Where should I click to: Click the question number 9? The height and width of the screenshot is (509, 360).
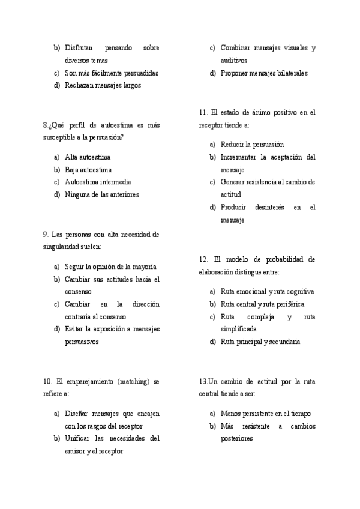tap(46, 235)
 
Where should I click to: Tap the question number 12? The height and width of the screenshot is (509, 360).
tap(203, 259)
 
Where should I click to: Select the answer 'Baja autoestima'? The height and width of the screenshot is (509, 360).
tap(88, 170)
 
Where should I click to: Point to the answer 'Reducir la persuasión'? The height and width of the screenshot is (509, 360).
tap(252, 145)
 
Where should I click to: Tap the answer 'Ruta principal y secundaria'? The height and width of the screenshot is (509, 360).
tap(260, 342)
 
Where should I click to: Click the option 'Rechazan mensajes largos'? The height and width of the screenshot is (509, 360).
tap(103, 85)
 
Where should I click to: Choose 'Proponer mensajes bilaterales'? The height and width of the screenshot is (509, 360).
tap(264, 73)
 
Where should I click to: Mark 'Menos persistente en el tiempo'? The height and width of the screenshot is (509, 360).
tap(266, 414)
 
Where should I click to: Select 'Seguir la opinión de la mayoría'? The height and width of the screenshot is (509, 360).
tap(111, 267)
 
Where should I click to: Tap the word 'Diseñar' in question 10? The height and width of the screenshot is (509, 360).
tap(77, 414)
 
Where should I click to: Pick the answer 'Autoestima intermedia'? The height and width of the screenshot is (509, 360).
tap(98, 182)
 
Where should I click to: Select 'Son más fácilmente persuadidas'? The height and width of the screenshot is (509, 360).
tap(112, 73)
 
